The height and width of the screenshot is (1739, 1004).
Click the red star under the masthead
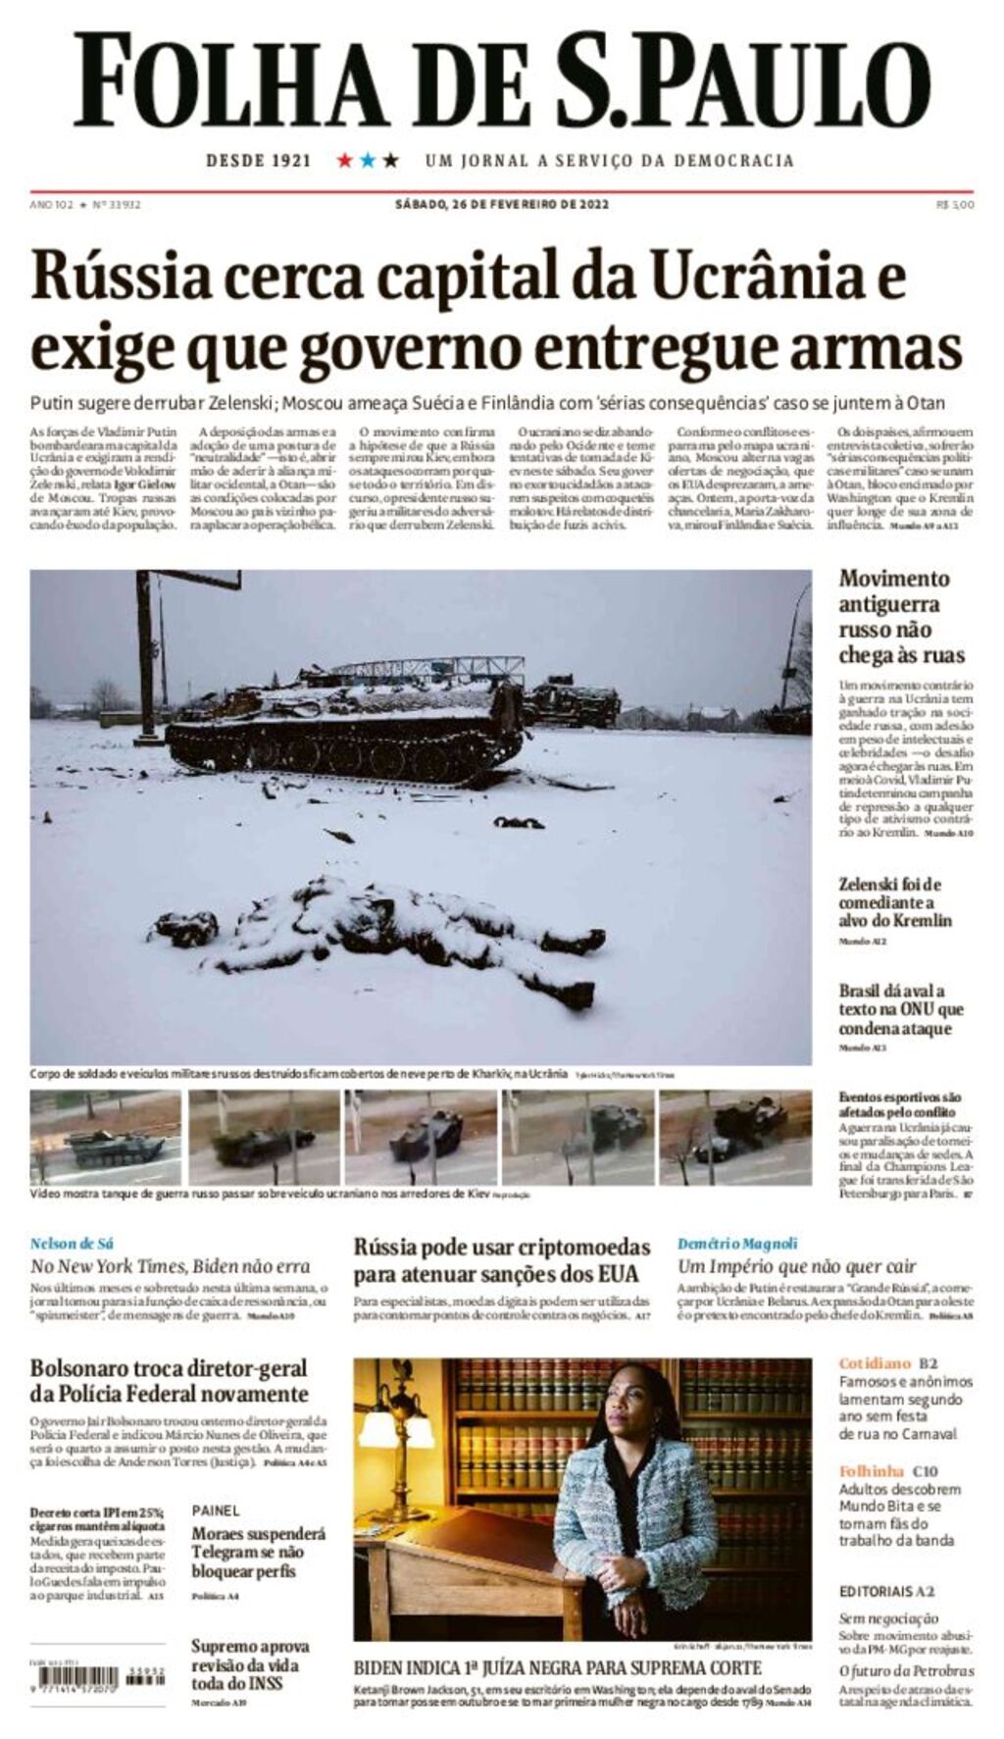[x=344, y=160]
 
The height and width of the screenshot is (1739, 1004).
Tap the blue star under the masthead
[x=368, y=160]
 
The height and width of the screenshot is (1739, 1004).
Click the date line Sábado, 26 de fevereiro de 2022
[x=502, y=204]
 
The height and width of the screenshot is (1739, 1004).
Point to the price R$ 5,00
[x=955, y=204]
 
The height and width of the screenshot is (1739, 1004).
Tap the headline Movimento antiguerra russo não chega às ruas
[x=901, y=617]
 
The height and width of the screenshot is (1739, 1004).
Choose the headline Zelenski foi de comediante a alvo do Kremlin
[x=894, y=901]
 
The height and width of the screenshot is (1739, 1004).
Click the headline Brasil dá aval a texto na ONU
[x=900, y=1009]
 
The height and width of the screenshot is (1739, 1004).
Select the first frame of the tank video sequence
[x=105, y=1138]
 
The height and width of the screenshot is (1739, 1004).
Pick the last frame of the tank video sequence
[x=735, y=1138]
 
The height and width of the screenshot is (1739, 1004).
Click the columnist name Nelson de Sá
[x=72, y=1244]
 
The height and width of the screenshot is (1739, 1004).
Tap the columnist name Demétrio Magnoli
[x=737, y=1244]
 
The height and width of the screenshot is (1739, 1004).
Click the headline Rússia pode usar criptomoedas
[x=502, y=1260]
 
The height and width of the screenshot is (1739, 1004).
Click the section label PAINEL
[x=215, y=1510]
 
